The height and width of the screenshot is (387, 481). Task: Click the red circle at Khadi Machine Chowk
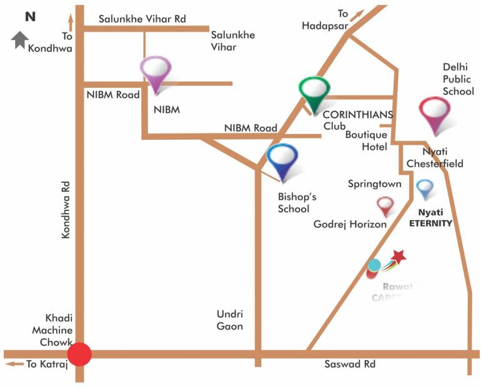coord(79,354)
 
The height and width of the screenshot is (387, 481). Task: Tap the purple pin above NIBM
coord(156,73)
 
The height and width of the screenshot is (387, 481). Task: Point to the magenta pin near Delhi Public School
coord(435,114)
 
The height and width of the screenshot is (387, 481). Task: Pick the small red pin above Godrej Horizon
coord(385,205)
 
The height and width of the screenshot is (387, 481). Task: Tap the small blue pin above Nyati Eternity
coord(425,188)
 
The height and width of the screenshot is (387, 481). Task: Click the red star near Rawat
coord(399,255)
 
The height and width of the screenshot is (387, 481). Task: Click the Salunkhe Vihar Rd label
coord(143,19)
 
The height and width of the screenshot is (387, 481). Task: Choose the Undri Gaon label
coord(229,320)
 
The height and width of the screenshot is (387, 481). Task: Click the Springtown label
coord(374,184)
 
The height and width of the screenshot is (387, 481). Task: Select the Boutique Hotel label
coord(367,140)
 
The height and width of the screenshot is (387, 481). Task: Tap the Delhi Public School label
coord(459,78)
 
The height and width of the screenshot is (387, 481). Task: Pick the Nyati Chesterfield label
coord(435,158)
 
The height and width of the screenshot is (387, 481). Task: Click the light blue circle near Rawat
coord(374,265)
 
